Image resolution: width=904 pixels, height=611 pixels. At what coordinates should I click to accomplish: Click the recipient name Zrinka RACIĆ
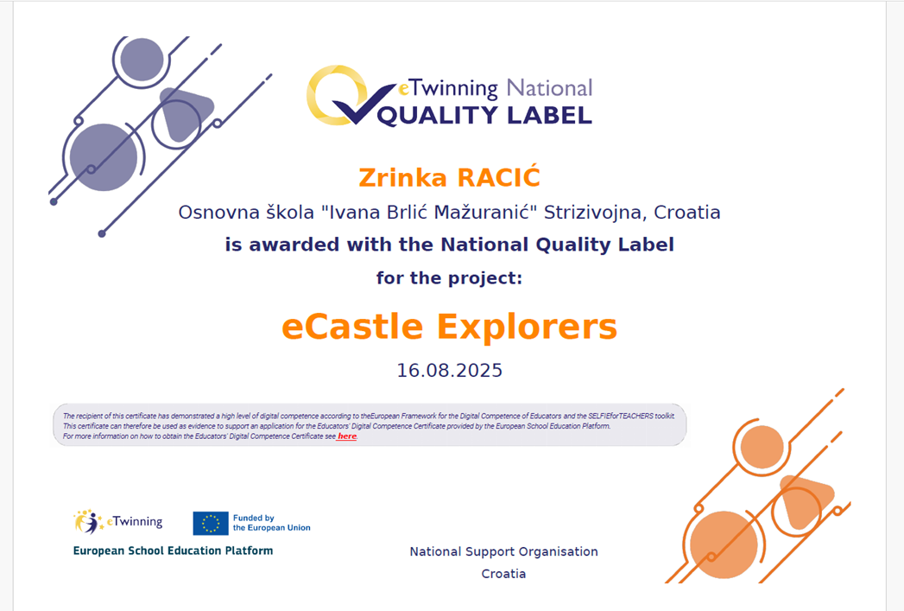(x=449, y=177)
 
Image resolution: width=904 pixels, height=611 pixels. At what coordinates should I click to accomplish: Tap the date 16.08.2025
(x=450, y=370)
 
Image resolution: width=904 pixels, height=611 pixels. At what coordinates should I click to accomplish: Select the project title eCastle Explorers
(x=449, y=327)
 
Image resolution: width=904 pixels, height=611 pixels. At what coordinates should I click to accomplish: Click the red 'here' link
(x=346, y=436)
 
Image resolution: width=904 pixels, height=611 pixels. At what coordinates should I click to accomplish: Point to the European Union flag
(x=211, y=524)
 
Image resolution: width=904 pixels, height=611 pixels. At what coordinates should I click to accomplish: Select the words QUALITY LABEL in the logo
(x=484, y=116)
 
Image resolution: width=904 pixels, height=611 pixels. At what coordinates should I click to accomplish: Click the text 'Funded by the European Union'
(x=272, y=523)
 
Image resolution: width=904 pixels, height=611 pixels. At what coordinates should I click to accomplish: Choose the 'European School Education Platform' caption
(x=173, y=551)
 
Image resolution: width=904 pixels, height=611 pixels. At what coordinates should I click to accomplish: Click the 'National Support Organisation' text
(x=504, y=551)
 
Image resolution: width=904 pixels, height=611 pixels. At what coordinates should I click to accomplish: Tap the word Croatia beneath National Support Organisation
(x=504, y=574)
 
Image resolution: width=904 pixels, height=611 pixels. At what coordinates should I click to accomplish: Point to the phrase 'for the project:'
(x=449, y=278)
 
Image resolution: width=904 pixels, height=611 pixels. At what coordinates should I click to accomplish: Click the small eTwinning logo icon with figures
(x=88, y=522)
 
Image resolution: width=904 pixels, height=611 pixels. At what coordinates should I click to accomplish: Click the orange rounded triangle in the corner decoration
(x=806, y=500)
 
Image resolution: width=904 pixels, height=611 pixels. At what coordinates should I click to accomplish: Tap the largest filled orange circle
(x=724, y=544)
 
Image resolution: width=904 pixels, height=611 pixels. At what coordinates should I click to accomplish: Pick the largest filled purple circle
(x=104, y=157)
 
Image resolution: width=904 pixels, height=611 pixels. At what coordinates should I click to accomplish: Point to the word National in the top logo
(x=549, y=88)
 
